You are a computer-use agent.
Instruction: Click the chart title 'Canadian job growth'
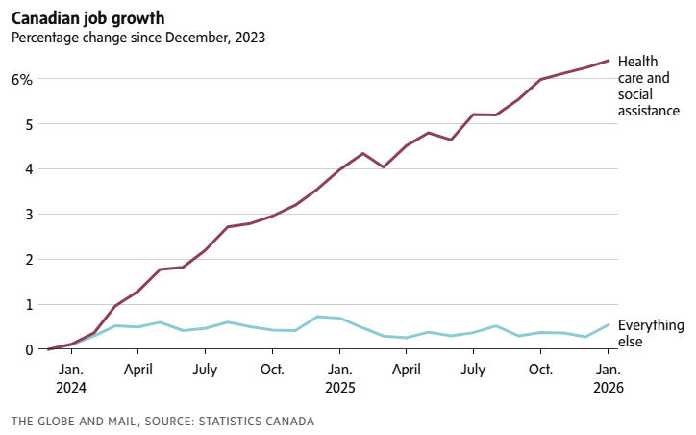(87, 17)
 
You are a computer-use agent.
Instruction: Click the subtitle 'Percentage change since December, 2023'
(137, 38)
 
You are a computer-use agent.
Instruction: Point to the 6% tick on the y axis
(21, 79)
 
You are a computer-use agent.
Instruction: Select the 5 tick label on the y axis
(28, 124)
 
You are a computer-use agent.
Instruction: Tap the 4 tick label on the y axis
(28, 169)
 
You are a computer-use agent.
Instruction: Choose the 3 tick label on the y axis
(28, 215)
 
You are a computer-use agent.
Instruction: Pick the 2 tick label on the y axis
(28, 260)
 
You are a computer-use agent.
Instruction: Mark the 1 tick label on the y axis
(28, 305)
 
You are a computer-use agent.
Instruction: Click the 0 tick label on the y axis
(28, 350)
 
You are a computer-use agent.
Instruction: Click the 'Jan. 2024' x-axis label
(70, 378)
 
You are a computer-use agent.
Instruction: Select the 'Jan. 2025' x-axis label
(338, 378)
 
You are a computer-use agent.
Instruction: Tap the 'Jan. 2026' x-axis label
(609, 378)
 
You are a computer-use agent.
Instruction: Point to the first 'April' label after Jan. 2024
(137, 369)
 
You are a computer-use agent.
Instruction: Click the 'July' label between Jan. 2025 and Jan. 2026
(473, 369)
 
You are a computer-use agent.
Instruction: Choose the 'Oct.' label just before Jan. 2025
(272, 369)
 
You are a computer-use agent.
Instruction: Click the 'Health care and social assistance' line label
(649, 86)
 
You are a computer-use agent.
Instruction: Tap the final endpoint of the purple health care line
(609, 61)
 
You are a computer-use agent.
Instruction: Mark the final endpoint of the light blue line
(609, 324)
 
